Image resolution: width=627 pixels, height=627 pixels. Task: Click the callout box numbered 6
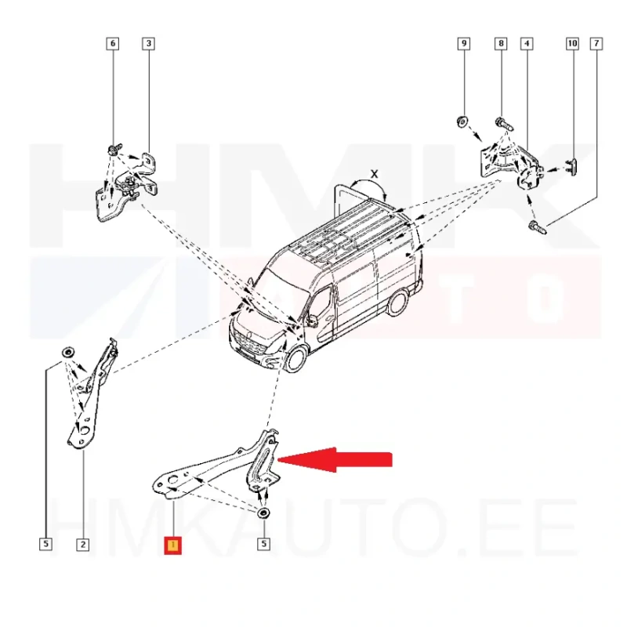point(112,44)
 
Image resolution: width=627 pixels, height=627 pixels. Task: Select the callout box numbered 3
point(148,44)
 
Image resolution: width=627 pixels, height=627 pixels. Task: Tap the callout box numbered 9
point(464,44)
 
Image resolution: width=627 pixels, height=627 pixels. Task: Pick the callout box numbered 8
point(501,44)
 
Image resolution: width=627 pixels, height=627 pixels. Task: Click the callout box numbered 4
point(527,44)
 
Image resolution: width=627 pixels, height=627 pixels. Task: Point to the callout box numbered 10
point(573,44)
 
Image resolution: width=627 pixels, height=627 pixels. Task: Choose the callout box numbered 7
point(596,44)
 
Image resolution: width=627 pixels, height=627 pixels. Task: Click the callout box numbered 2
point(83,544)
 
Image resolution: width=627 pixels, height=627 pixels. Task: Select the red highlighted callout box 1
point(172,545)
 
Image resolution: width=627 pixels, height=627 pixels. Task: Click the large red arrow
point(335,459)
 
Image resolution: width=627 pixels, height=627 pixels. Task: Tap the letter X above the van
point(375,174)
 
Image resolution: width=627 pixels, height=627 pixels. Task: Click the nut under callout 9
point(462,121)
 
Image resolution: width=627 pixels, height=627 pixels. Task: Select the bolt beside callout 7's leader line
point(538,227)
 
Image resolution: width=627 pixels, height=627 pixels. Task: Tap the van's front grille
point(250,342)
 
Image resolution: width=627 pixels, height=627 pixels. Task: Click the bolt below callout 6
point(112,150)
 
